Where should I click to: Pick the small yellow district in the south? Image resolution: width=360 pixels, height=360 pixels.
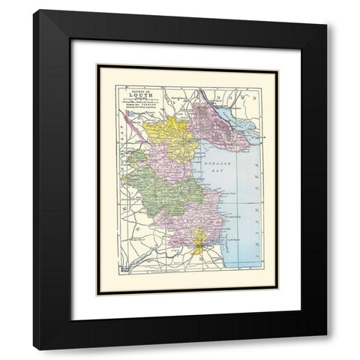coord(197,243)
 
